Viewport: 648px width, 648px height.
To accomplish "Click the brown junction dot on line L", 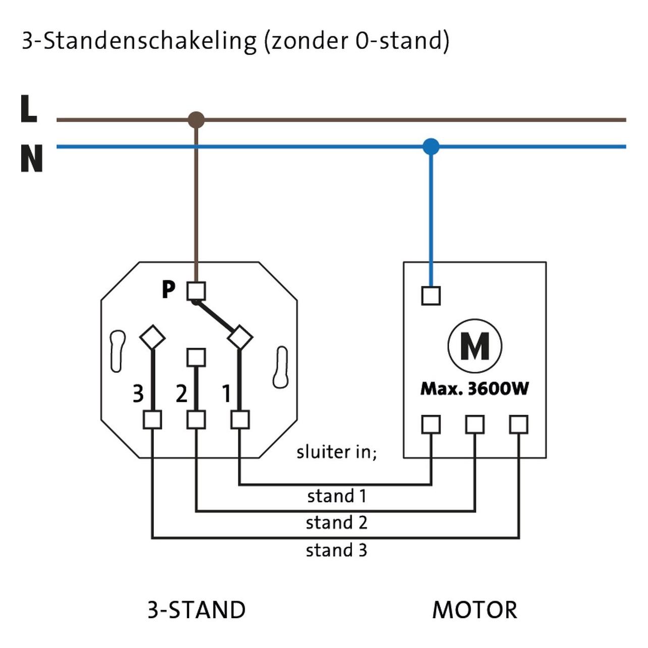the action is coord(196,120).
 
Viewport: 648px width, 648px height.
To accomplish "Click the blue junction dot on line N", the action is coord(431,147).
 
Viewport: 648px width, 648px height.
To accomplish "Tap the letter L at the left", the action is coord(29,109).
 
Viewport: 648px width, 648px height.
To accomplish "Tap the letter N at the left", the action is coord(32,158).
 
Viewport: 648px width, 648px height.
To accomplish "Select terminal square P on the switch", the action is coord(196,291).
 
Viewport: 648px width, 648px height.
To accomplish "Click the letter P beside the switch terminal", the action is coord(169,289).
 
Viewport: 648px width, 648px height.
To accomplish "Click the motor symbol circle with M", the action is coord(475,346).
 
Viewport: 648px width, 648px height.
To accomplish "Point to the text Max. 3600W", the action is coord(474,389).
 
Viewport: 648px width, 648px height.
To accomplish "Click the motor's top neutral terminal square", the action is coord(431,296).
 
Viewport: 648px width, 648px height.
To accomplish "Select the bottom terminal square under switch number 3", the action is coord(152,420).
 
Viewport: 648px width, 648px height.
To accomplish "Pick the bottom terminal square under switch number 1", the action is coord(240,420).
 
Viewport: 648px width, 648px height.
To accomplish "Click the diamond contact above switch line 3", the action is coord(152,337).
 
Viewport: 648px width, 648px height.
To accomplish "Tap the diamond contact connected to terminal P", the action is coord(240,337).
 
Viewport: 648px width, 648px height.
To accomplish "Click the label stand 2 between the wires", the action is coord(337,522).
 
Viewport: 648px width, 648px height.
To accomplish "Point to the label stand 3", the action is coord(337,551).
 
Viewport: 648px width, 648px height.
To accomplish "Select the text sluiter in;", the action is coord(337,452).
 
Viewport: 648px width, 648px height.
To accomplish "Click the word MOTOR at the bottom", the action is coord(474,610).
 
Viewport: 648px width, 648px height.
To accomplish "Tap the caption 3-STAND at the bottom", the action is coord(197,610).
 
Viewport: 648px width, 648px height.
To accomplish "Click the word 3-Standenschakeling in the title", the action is coord(139,41).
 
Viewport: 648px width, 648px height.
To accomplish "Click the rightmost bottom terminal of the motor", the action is coord(518,424).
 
